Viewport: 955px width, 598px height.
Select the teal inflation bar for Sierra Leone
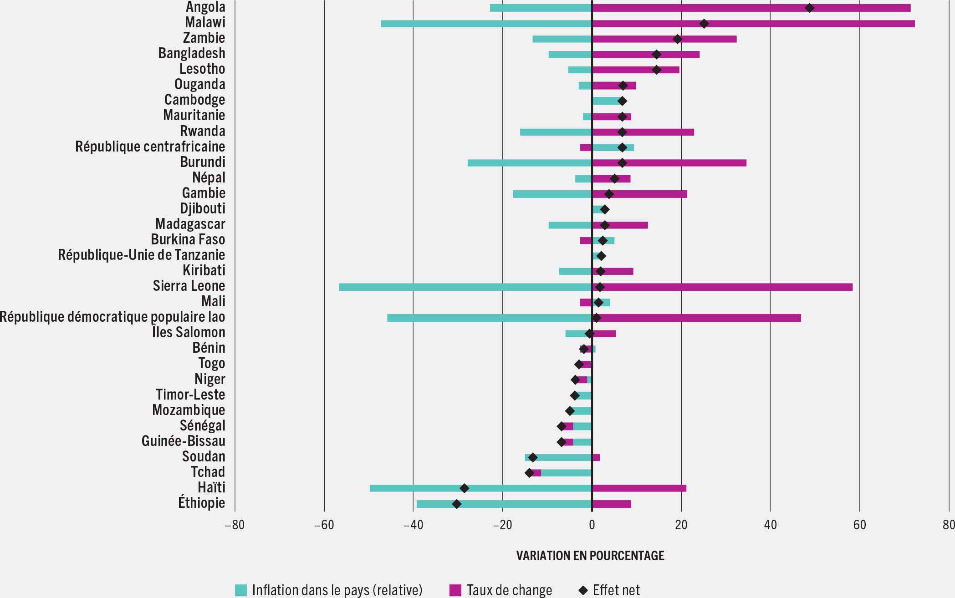pos(465,287)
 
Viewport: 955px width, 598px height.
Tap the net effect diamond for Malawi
pos(704,24)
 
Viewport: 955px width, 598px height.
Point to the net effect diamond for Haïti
pos(464,488)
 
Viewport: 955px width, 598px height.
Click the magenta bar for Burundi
pos(669,163)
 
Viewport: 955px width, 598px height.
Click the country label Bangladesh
pos(192,53)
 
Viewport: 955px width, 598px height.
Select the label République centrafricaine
pos(150,147)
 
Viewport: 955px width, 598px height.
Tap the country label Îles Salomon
pos(189,332)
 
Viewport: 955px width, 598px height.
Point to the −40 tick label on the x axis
pos(413,525)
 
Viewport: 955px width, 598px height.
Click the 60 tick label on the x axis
pos(859,525)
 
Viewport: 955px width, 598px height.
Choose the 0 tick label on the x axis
pos(592,525)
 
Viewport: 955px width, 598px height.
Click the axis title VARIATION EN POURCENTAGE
pos(590,556)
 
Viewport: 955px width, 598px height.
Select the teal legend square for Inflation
pos(240,590)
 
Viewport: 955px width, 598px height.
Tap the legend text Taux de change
pos(509,590)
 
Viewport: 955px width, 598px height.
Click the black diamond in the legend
pos(583,590)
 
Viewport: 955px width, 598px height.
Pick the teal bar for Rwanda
pos(556,132)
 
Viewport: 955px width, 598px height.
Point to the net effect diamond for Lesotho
pos(656,70)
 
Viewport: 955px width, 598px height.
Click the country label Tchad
pos(208,472)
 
